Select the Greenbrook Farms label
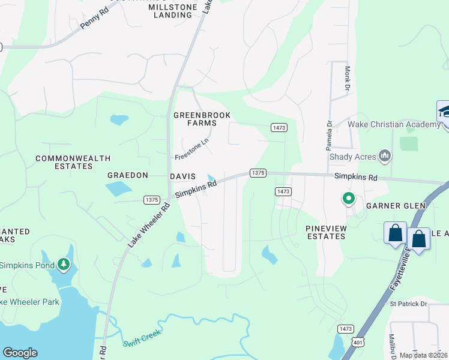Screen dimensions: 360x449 [202, 119]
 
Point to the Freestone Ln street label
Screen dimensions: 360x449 [191, 149]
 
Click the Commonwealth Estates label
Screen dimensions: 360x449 [73, 162]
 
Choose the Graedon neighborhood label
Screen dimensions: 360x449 [127, 176]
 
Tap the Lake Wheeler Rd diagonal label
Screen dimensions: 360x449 [149, 225]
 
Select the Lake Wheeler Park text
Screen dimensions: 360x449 [29, 302]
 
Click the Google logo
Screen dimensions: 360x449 [20, 353]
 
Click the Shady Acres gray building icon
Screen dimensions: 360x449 [385, 157]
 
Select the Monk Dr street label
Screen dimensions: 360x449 [347, 79]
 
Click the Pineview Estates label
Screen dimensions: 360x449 [325, 232]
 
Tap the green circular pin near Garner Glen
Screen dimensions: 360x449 [348, 197]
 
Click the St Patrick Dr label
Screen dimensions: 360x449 [408, 304]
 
